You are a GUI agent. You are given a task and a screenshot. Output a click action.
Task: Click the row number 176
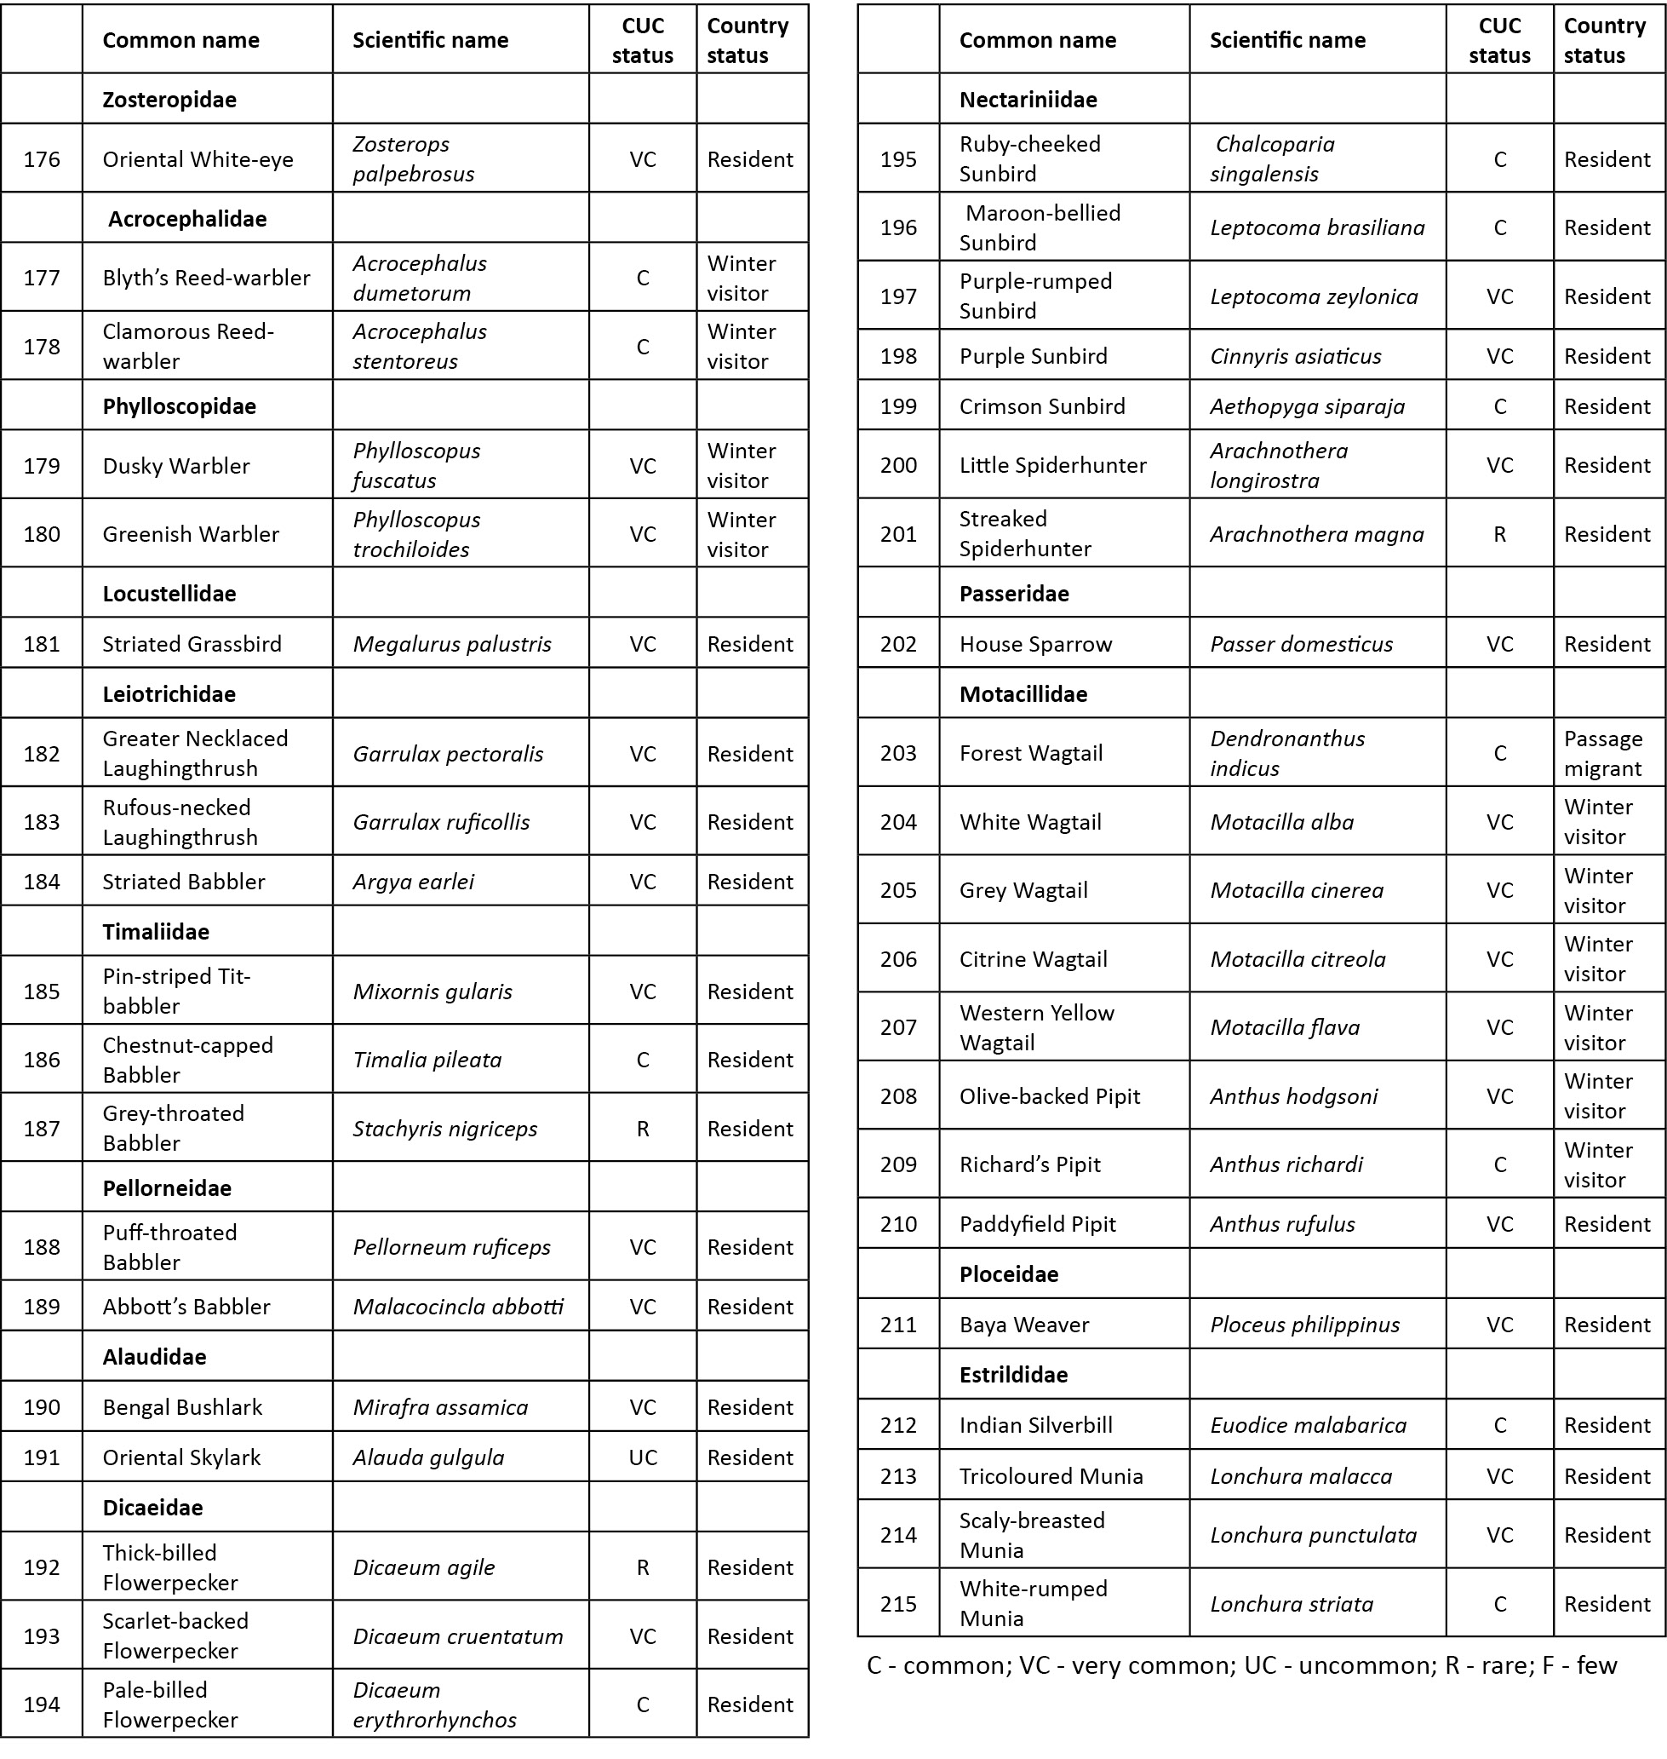(42, 159)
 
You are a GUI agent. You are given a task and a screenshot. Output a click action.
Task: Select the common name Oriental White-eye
(198, 159)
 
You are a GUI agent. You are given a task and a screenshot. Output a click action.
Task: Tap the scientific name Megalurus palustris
(451, 643)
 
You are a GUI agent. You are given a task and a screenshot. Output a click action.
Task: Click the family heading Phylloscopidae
(179, 406)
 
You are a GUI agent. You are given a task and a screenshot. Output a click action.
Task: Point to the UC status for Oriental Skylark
(643, 1457)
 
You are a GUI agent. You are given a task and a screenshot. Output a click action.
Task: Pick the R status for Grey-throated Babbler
(643, 1129)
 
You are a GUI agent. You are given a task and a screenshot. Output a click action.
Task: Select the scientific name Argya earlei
(413, 882)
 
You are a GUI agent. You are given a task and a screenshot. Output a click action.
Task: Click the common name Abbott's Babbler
(186, 1307)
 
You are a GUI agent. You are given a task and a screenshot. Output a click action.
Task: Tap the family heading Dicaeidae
(153, 1508)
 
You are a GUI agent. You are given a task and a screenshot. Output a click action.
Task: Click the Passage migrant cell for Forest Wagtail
(1603, 753)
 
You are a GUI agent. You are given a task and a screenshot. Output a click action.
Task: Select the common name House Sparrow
(1035, 643)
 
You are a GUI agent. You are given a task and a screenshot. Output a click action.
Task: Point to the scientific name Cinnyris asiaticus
(1295, 355)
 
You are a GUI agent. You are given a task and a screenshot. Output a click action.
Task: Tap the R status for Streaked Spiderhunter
(1499, 534)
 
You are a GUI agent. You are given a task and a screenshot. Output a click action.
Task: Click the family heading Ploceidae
(1009, 1273)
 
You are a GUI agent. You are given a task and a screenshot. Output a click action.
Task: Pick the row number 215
(898, 1603)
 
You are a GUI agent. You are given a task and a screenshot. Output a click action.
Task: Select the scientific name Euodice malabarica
(1308, 1425)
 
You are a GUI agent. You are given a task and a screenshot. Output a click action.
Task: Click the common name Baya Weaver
(1023, 1325)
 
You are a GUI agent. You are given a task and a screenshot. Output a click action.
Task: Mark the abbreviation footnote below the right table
(1241, 1664)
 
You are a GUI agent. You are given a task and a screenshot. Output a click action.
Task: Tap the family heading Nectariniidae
(1028, 99)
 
